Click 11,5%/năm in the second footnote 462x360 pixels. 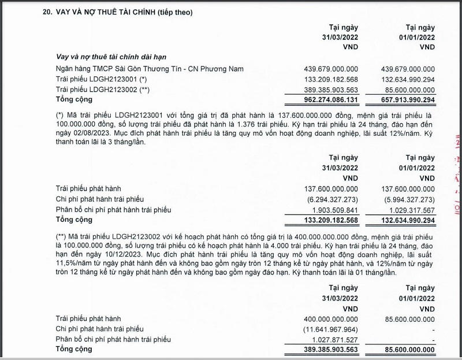click(x=74, y=263)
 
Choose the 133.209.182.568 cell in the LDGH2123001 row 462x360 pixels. click(x=331, y=79)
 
